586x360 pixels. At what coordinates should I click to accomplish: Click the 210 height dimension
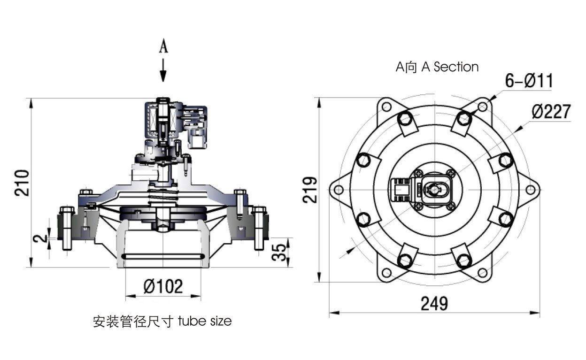point(22,183)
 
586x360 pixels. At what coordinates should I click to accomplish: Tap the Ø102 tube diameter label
point(163,286)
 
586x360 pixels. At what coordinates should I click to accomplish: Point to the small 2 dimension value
point(43,238)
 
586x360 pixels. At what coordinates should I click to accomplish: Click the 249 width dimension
point(434,304)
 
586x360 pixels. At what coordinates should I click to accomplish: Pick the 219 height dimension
point(309,190)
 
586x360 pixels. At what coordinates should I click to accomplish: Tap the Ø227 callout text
point(551,112)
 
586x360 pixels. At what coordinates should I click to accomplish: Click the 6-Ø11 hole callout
point(529,81)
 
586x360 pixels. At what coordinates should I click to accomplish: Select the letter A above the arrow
point(163,46)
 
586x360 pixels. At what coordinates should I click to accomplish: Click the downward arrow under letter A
point(163,70)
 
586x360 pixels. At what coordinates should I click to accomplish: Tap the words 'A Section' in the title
point(450,67)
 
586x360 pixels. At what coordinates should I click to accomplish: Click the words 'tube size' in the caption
point(205,322)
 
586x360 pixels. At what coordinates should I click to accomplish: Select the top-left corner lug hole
point(386,107)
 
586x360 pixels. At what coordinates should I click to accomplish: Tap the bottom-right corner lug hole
point(482,273)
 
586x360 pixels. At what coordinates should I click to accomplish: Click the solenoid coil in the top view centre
point(434,190)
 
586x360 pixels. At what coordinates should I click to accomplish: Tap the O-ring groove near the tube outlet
point(163,256)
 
